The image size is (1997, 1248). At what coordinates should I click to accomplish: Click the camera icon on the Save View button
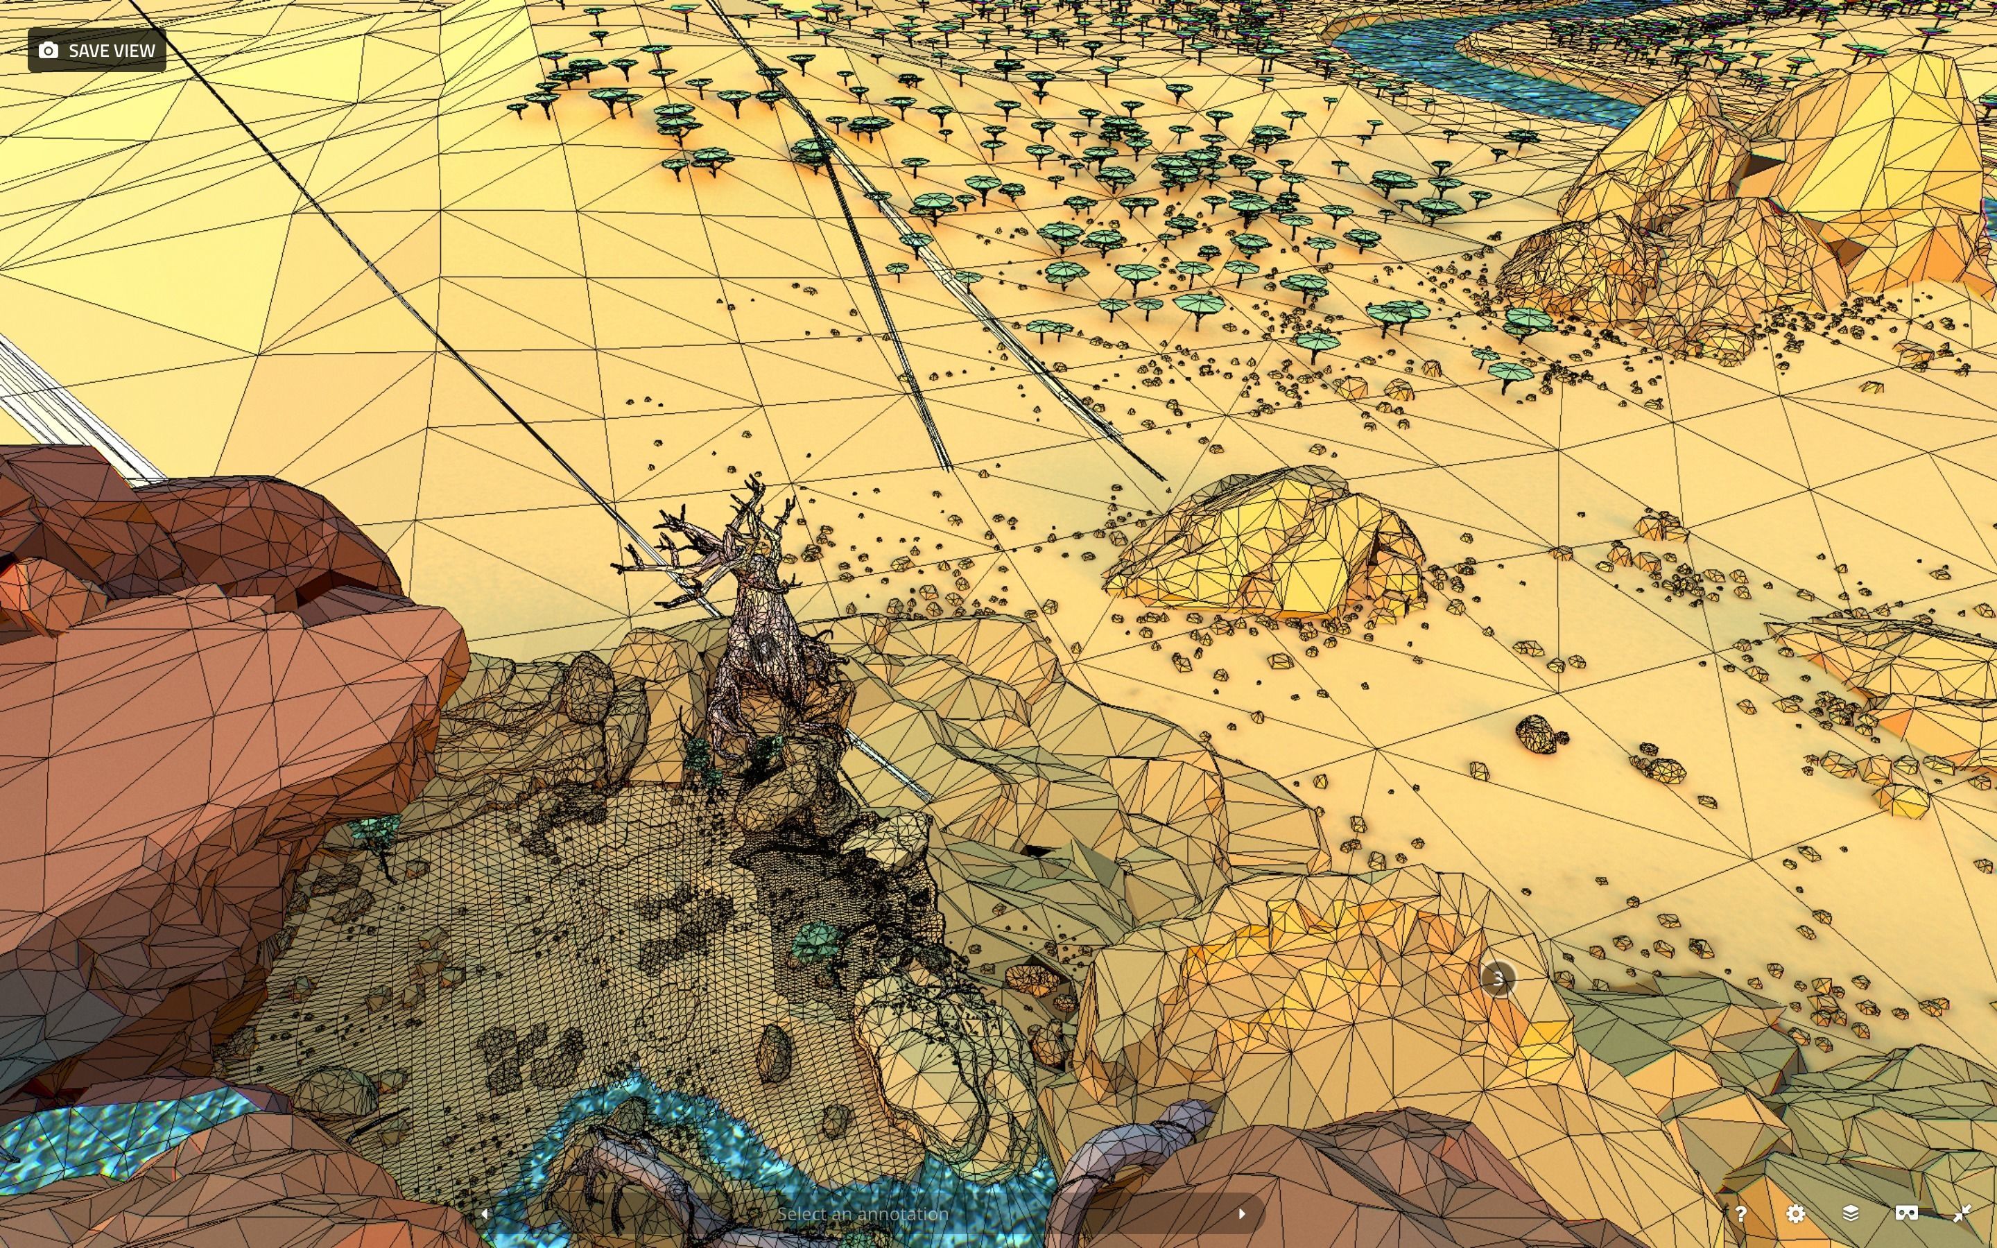coord(49,51)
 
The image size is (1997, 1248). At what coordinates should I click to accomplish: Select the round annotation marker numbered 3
coord(1498,979)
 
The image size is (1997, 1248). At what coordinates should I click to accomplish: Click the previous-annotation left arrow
coord(485,1213)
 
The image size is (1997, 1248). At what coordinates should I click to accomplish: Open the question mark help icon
coord(1740,1213)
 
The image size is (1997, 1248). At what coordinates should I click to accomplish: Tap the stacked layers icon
coord(1850,1213)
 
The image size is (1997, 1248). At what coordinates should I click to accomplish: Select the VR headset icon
coord(1905,1213)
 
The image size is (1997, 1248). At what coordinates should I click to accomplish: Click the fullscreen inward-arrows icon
coord(1962,1213)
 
